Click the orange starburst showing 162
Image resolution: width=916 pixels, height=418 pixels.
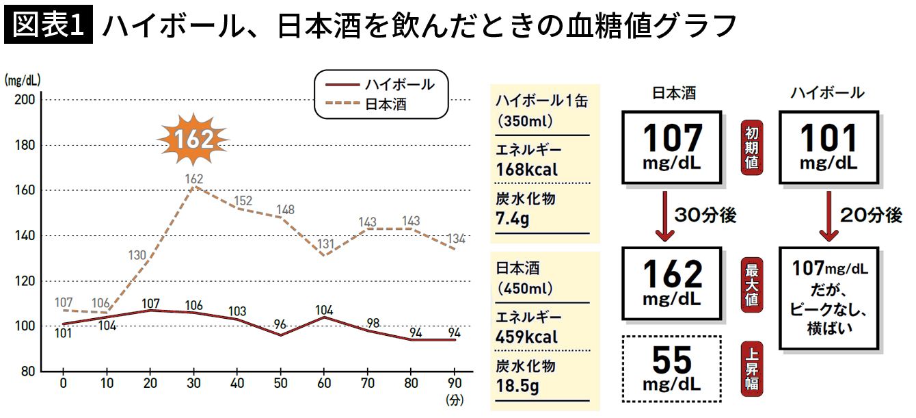(193, 139)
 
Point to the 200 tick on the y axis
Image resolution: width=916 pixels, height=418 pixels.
(25, 100)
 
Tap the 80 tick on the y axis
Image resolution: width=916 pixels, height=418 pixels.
(27, 371)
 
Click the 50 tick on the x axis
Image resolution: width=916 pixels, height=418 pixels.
(280, 383)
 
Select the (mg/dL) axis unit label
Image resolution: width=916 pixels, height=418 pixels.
(22, 79)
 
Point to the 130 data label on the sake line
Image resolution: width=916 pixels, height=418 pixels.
(138, 256)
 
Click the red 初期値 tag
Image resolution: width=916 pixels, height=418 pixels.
(751, 147)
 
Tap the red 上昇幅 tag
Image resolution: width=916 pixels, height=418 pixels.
(751, 367)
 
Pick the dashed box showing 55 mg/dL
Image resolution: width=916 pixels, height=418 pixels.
(672, 368)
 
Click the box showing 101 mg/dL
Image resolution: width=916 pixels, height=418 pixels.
(829, 148)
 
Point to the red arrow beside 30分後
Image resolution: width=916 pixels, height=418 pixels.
(662, 215)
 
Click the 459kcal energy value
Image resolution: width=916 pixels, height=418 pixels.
(527, 337)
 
